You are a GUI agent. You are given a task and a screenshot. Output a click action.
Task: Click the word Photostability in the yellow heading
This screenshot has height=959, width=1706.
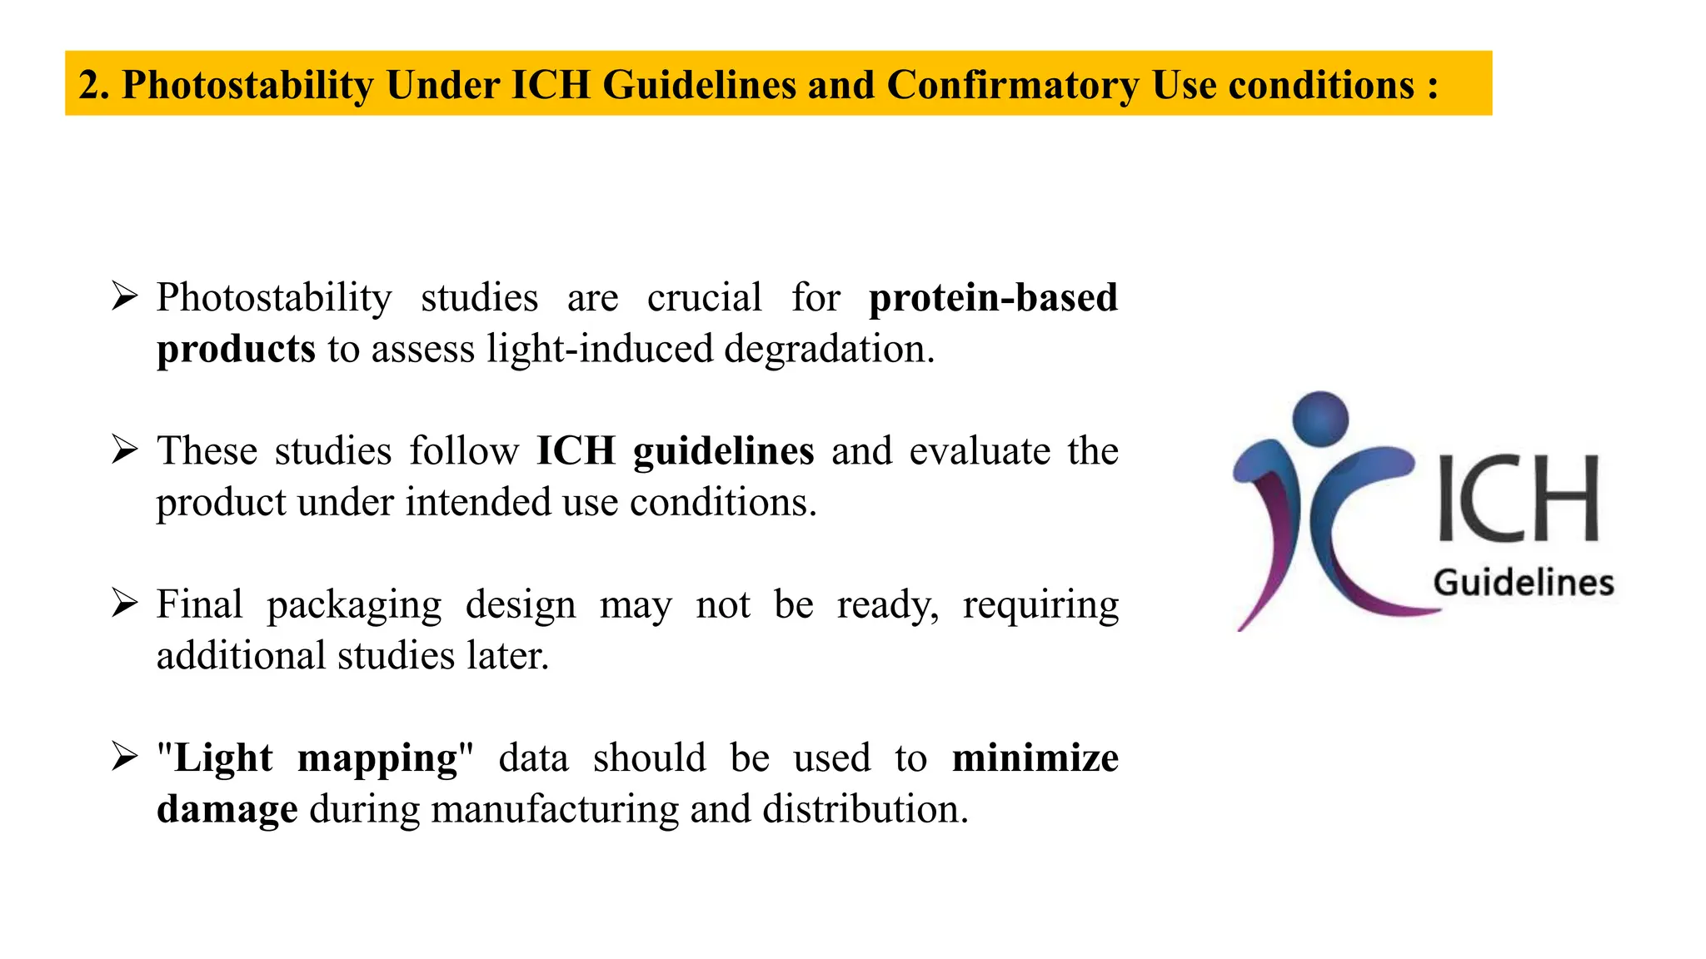[x=247, y=86]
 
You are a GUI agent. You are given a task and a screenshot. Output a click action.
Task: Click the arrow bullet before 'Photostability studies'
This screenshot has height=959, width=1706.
[x=124, y=296]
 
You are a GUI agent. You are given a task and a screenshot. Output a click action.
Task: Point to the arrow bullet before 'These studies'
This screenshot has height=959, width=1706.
[x=124, y=450]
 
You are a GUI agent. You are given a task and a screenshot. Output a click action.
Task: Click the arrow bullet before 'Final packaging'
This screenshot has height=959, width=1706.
[x=124, y=603]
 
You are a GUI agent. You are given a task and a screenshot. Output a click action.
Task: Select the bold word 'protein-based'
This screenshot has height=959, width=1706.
[x=993, y=298]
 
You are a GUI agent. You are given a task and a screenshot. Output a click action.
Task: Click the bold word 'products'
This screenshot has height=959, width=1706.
[x=236, y=350]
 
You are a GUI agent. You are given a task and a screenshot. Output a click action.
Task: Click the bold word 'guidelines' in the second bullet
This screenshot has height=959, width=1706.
[x=723, y=452]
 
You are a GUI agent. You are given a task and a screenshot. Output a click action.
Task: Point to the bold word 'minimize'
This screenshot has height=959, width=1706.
[x=1035, y=758]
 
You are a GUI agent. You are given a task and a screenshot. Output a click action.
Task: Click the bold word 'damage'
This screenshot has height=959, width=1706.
[x=227, y=810]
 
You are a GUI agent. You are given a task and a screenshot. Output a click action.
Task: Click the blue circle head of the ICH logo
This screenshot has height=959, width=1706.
[x=1320, y=419]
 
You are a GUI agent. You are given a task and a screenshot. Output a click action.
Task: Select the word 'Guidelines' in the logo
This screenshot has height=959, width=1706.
[x=1524, y=583]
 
